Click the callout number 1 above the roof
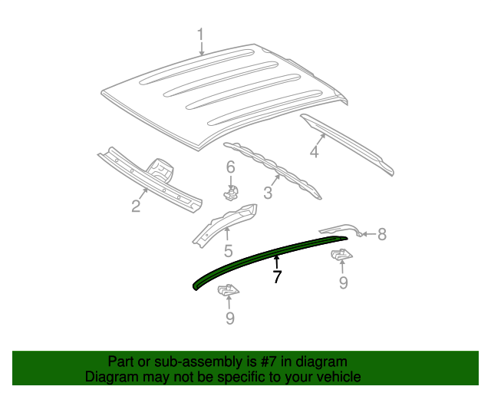(201, 35)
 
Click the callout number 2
(136, 206)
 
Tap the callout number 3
(268, 192)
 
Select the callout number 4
(314, 153)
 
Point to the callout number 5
(228, 250)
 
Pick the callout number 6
(230, 167)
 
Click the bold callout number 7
(277, 276)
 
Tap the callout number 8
(381, 235)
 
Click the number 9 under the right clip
(343, 283)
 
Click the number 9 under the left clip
(229, 319)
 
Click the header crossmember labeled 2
(150, 177)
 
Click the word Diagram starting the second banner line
(110, 377)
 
